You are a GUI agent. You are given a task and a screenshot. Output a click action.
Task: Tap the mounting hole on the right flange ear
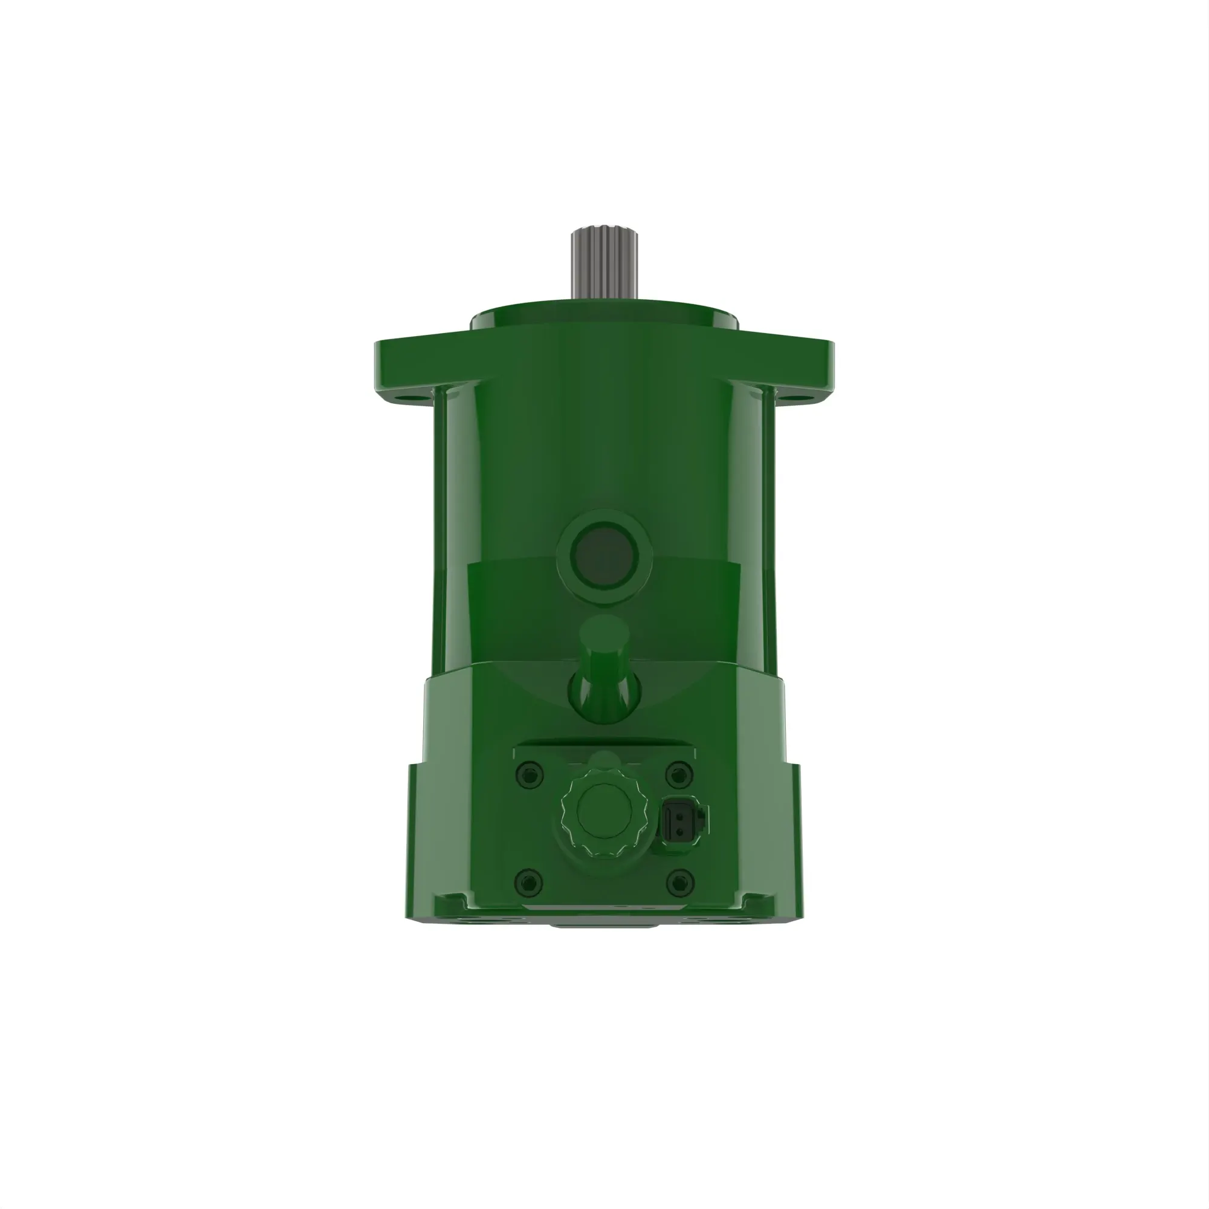[x=802, y=396]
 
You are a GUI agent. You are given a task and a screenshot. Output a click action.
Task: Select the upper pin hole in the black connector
[x=678, y=812]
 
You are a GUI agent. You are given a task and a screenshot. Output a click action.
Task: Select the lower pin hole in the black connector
[x=678, y=829]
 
